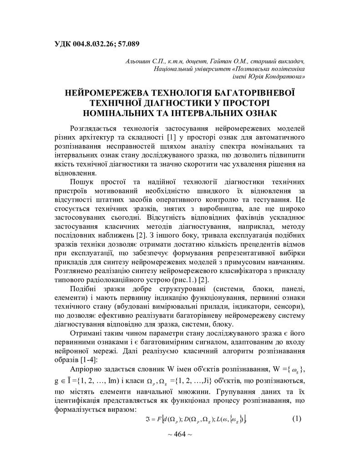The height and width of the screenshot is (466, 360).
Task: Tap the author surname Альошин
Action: pyautogui.click(x=139, y=61)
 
